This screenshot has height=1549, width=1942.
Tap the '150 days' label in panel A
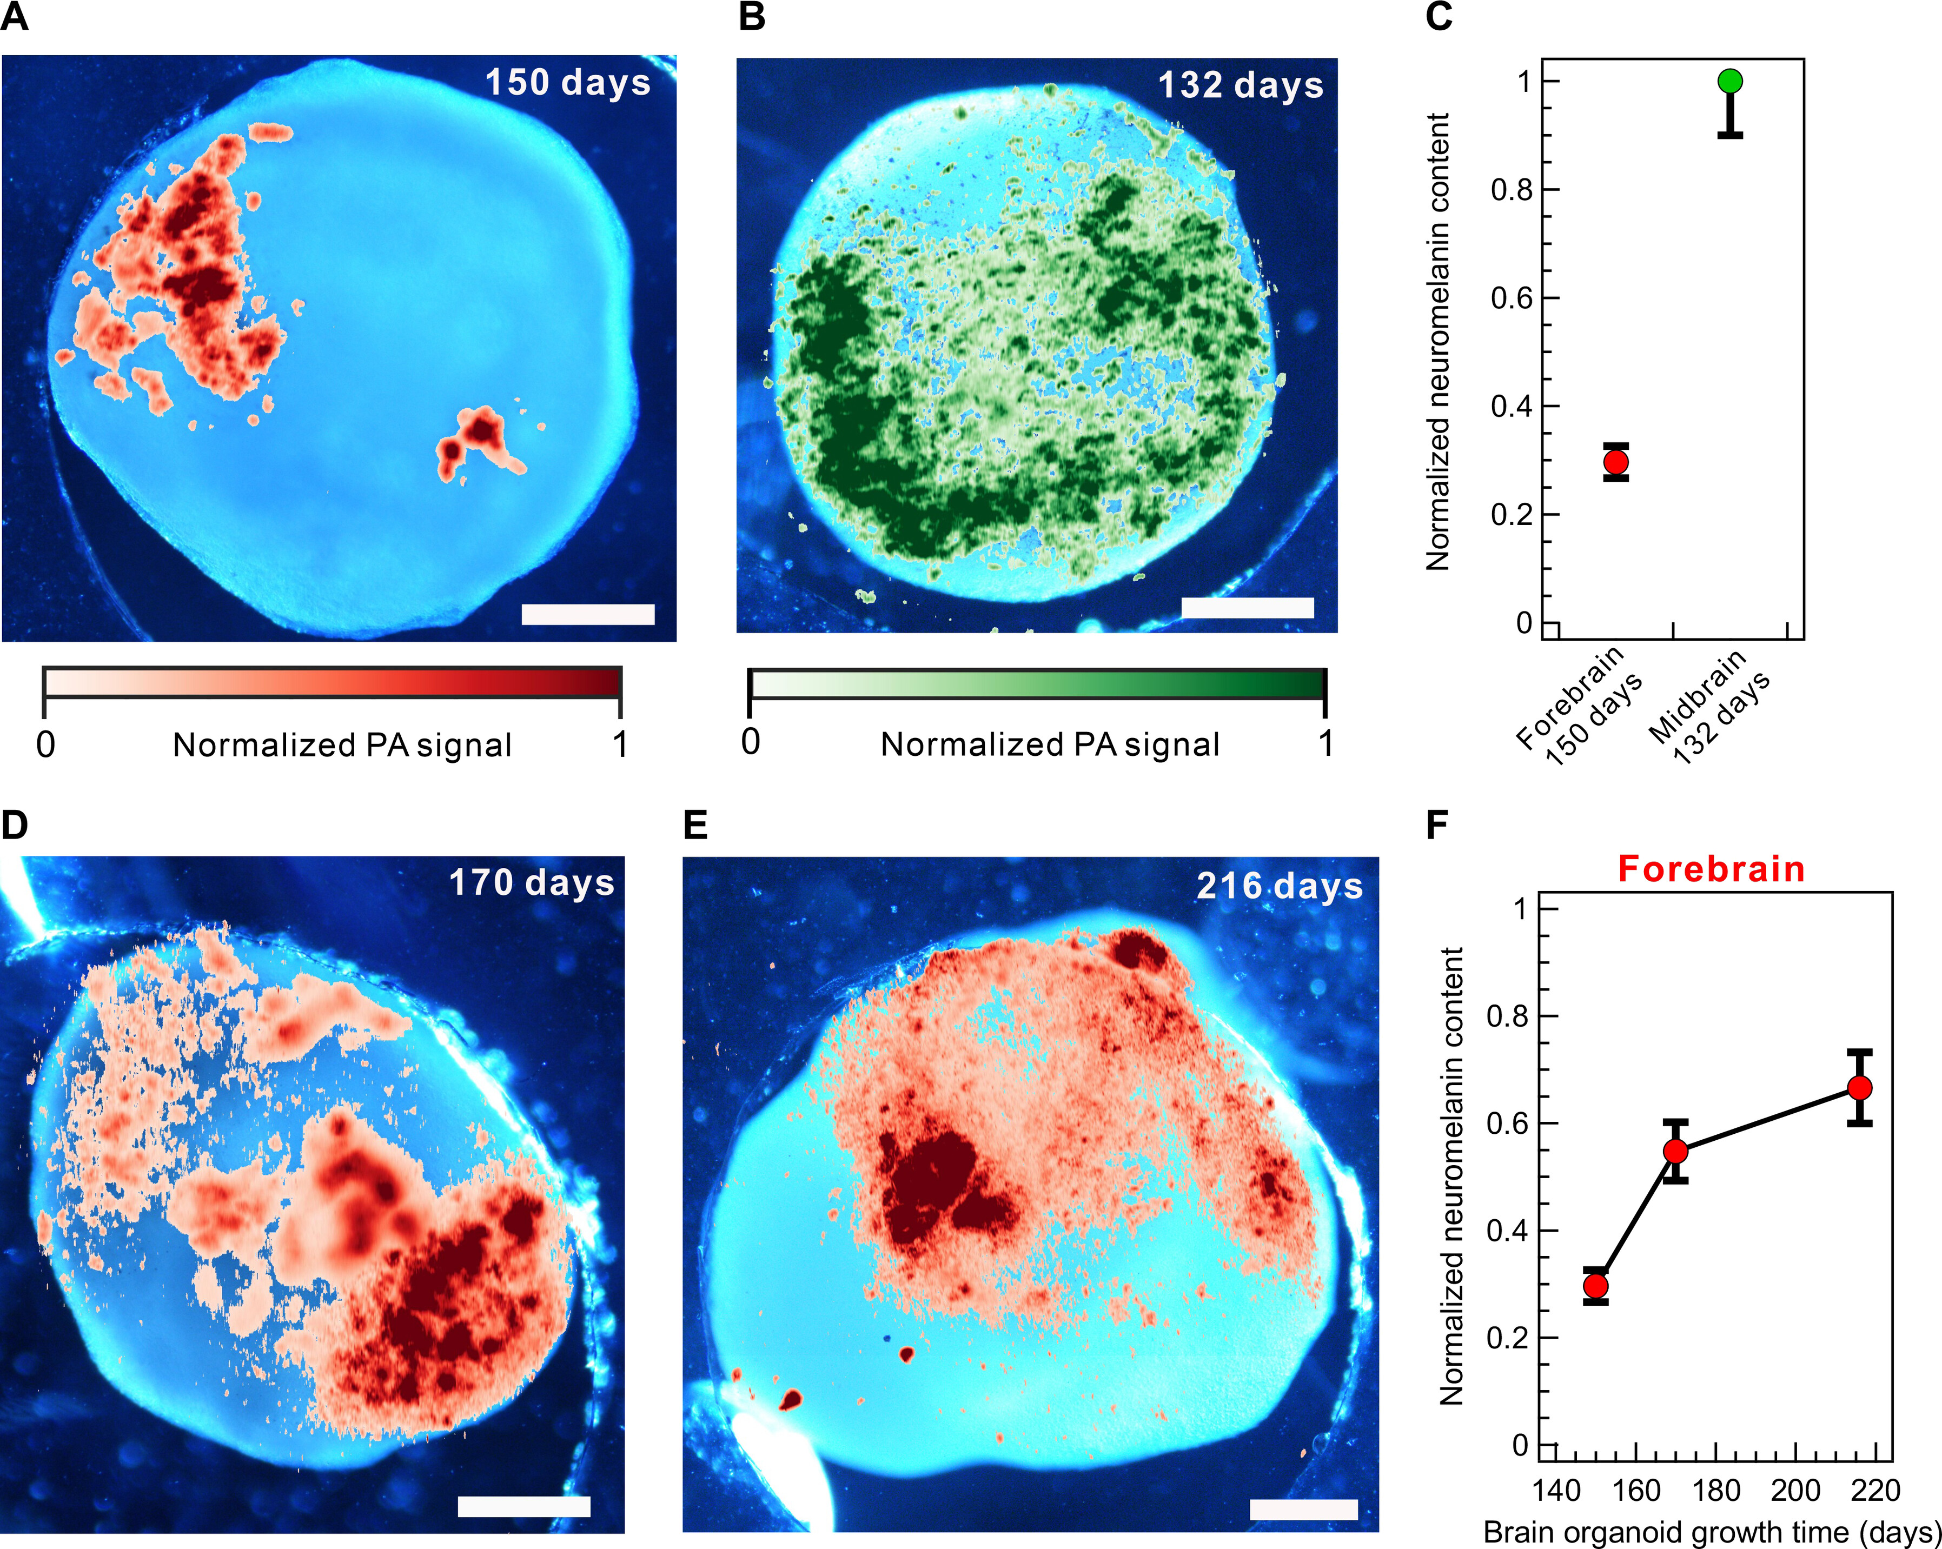point(567,83)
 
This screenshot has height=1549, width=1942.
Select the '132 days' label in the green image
point(1241,85)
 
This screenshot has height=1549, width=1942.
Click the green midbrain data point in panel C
point(1729,81)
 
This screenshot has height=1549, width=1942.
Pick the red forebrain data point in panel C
point(1616,462)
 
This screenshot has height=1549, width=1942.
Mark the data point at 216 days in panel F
point(1859,1088)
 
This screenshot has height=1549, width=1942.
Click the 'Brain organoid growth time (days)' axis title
point(1712,1532)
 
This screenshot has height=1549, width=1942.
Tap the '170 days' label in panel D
point(532,882)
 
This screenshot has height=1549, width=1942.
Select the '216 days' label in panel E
point(1279,886)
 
